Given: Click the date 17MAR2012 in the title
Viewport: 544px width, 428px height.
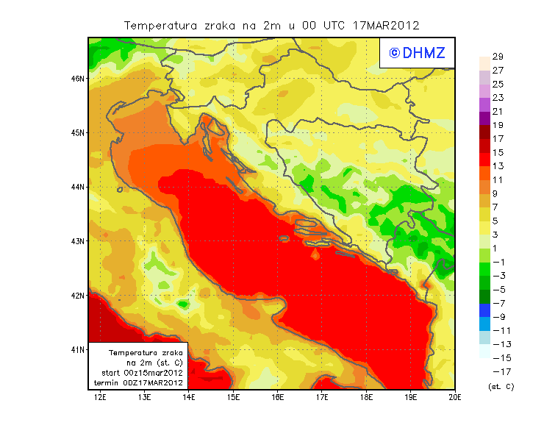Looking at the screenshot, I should tap(386, 25).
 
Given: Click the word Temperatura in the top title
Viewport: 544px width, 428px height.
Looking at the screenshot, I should tap(161, 25).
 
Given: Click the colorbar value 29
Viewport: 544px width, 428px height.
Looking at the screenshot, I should tap(497, 57).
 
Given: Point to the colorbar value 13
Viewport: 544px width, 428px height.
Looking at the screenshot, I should tap(497, 166).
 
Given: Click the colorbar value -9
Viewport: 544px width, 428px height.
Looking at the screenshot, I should tap(497, 317).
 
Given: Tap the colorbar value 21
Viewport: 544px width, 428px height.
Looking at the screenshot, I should tap(497, 112).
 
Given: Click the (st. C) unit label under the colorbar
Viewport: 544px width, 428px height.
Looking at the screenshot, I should tap(501, 386).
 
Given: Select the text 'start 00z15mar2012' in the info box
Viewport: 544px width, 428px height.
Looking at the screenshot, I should tap(142, 373).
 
